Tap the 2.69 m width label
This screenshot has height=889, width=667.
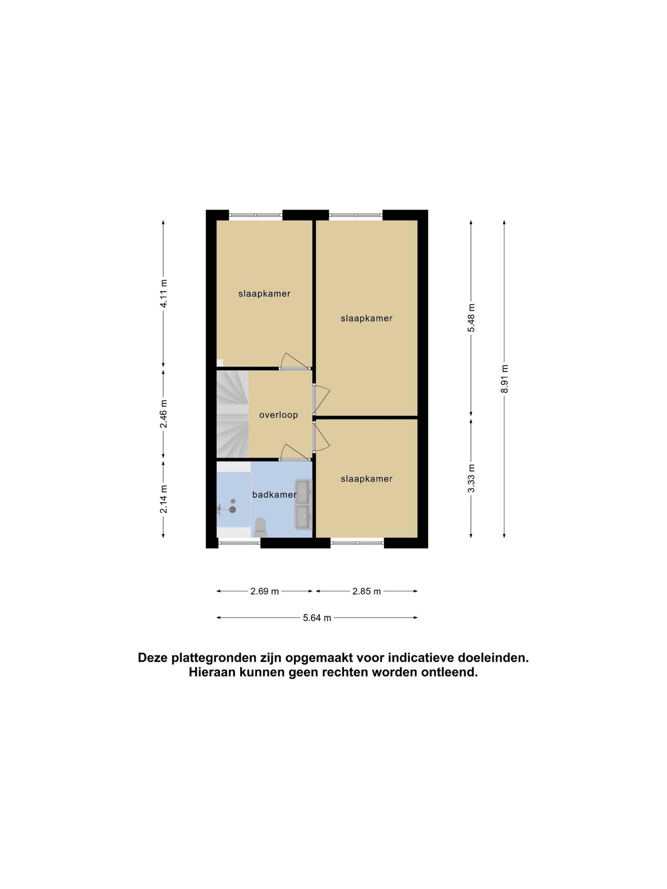265,591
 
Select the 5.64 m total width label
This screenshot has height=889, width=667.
317,618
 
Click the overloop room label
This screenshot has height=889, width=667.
278,415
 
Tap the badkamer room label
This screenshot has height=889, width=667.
274,494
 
